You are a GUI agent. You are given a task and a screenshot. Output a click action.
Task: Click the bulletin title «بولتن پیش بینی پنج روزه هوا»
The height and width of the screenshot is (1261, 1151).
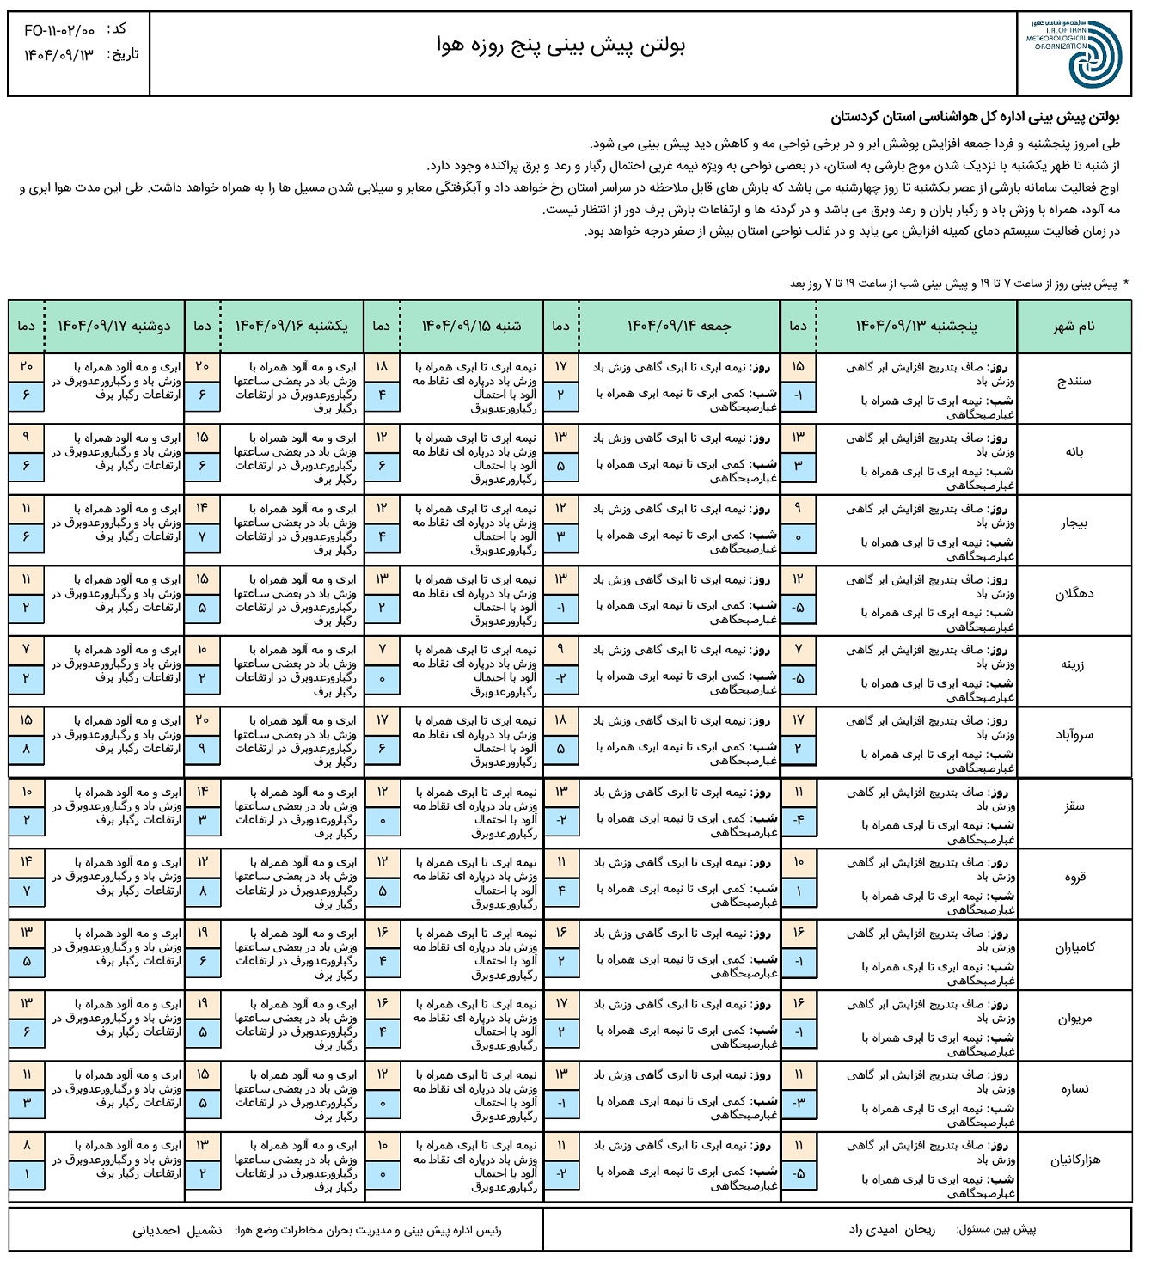click(x=560, y=47)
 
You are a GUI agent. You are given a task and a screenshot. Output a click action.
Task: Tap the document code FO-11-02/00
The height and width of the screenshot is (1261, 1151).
click(x=59, y=31)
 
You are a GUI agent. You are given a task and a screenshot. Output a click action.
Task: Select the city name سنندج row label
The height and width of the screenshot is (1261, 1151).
click(x=1074, y=381)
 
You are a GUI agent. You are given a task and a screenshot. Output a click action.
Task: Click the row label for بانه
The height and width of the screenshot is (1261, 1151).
click(x=1074, y=452)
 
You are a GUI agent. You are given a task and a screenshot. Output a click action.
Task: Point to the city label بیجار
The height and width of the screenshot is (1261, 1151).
click(x=1074, y=523)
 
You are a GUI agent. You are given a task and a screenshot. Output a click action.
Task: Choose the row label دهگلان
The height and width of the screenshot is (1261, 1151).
click(x=1074, y=594)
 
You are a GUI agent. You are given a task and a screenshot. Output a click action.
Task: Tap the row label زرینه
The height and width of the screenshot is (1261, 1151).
click(x=1074, y=664)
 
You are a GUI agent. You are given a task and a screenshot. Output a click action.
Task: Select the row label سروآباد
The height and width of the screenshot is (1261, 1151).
click(x=1074, y=735)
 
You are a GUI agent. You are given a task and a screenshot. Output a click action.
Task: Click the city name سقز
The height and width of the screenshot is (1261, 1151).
click(x=1074, y=806)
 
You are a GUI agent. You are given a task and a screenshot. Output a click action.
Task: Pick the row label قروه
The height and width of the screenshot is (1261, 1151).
click(x=1074, y=877)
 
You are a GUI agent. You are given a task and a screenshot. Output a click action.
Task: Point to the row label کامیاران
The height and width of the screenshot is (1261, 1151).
click(x=1074, y=947)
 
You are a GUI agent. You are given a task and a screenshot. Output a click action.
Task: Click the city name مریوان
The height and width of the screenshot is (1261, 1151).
click(x=1074, y=1019)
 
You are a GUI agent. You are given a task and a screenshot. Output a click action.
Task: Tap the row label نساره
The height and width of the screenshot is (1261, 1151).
click(x=1074, y=1089)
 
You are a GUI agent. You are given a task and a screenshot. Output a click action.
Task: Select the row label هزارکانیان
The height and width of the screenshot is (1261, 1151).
click(x=1074, y=1160)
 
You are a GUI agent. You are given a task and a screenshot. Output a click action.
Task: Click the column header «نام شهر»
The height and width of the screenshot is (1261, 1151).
click(x=1074, y=327)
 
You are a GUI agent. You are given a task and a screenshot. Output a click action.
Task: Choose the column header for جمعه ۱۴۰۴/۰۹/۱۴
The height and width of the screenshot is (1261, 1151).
click(x=679, y=326)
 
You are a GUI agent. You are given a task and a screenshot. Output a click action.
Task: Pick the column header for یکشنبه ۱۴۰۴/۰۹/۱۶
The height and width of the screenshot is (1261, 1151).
click(x=292, y=326)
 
